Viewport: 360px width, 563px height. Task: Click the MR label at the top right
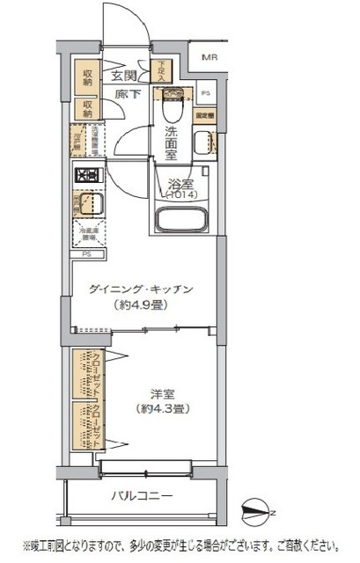point(209,59)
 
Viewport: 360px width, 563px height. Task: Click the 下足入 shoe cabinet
point(162,70)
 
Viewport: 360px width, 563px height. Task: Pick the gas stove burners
point(87,175)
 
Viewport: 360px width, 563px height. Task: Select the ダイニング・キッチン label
point(142,289)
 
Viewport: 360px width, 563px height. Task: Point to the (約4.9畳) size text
point(142,305)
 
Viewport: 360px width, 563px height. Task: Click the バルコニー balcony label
point(141,495)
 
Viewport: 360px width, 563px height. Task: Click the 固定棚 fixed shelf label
point(205,114)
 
